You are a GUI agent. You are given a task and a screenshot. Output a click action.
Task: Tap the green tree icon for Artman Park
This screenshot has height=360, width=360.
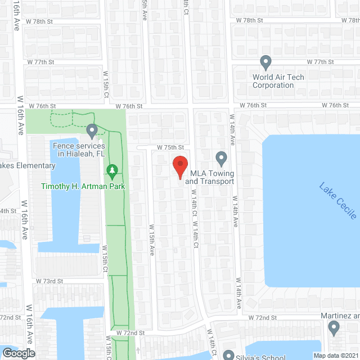point(112,170)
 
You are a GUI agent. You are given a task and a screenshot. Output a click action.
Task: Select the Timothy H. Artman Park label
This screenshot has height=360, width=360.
point(82,186)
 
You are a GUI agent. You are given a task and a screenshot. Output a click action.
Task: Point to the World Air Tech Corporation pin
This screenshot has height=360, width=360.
point(266,62)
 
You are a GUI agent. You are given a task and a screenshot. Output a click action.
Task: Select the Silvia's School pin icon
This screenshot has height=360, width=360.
point(229,355)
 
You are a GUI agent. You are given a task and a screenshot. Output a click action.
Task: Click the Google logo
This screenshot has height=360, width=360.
point(18,353)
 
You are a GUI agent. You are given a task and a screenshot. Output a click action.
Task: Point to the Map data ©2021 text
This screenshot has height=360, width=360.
point(335,355)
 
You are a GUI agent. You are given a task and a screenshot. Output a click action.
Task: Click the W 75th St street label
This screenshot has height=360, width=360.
point(170,147)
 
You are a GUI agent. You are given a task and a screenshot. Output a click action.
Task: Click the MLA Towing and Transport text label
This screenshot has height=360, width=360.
point(209,177)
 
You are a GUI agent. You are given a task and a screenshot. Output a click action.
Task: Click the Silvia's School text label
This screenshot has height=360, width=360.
point(262,357)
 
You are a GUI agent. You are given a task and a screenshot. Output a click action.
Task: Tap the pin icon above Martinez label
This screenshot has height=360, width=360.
point(334,327)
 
